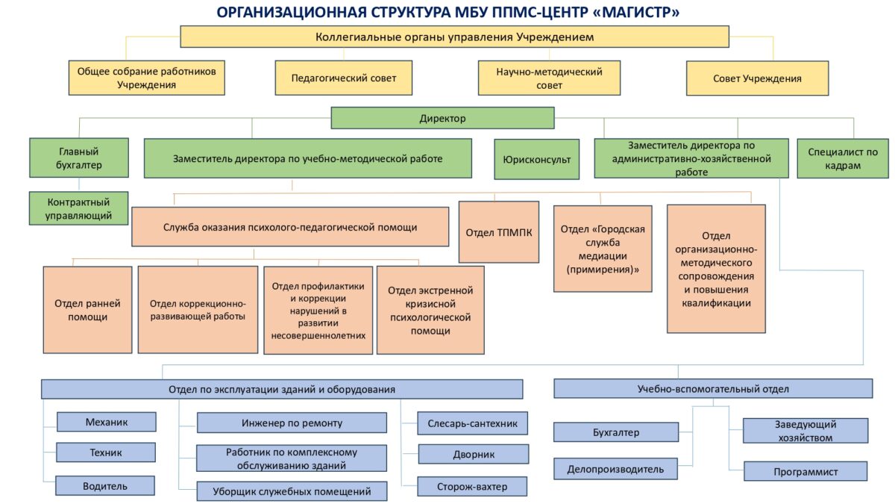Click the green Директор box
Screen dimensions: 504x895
pos(442,118)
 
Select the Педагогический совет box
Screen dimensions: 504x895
pos(343,78)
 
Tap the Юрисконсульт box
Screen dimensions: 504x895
pos(536,159)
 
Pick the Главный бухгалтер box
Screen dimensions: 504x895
pos(78,158)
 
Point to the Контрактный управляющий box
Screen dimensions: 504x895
pos(78,209)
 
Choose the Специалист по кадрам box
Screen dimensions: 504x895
pos(843,158)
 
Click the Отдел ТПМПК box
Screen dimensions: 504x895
pos(499,232)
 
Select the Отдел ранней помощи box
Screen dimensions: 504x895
pos(87,310)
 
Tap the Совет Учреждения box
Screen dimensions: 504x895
pos(757,78)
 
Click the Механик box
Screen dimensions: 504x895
pos(107,422)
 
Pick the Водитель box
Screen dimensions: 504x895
pos(105,486)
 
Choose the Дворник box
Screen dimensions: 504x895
pos(473,454)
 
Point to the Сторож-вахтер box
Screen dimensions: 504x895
pos(472,486)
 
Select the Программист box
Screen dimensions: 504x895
pos(805,471)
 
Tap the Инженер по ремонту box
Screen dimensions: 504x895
pos(292,423)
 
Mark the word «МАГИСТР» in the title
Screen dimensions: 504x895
pos(633,13)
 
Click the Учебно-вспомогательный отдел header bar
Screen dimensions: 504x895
pos(713,388)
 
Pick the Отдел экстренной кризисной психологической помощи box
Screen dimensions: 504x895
pos(424,310)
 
